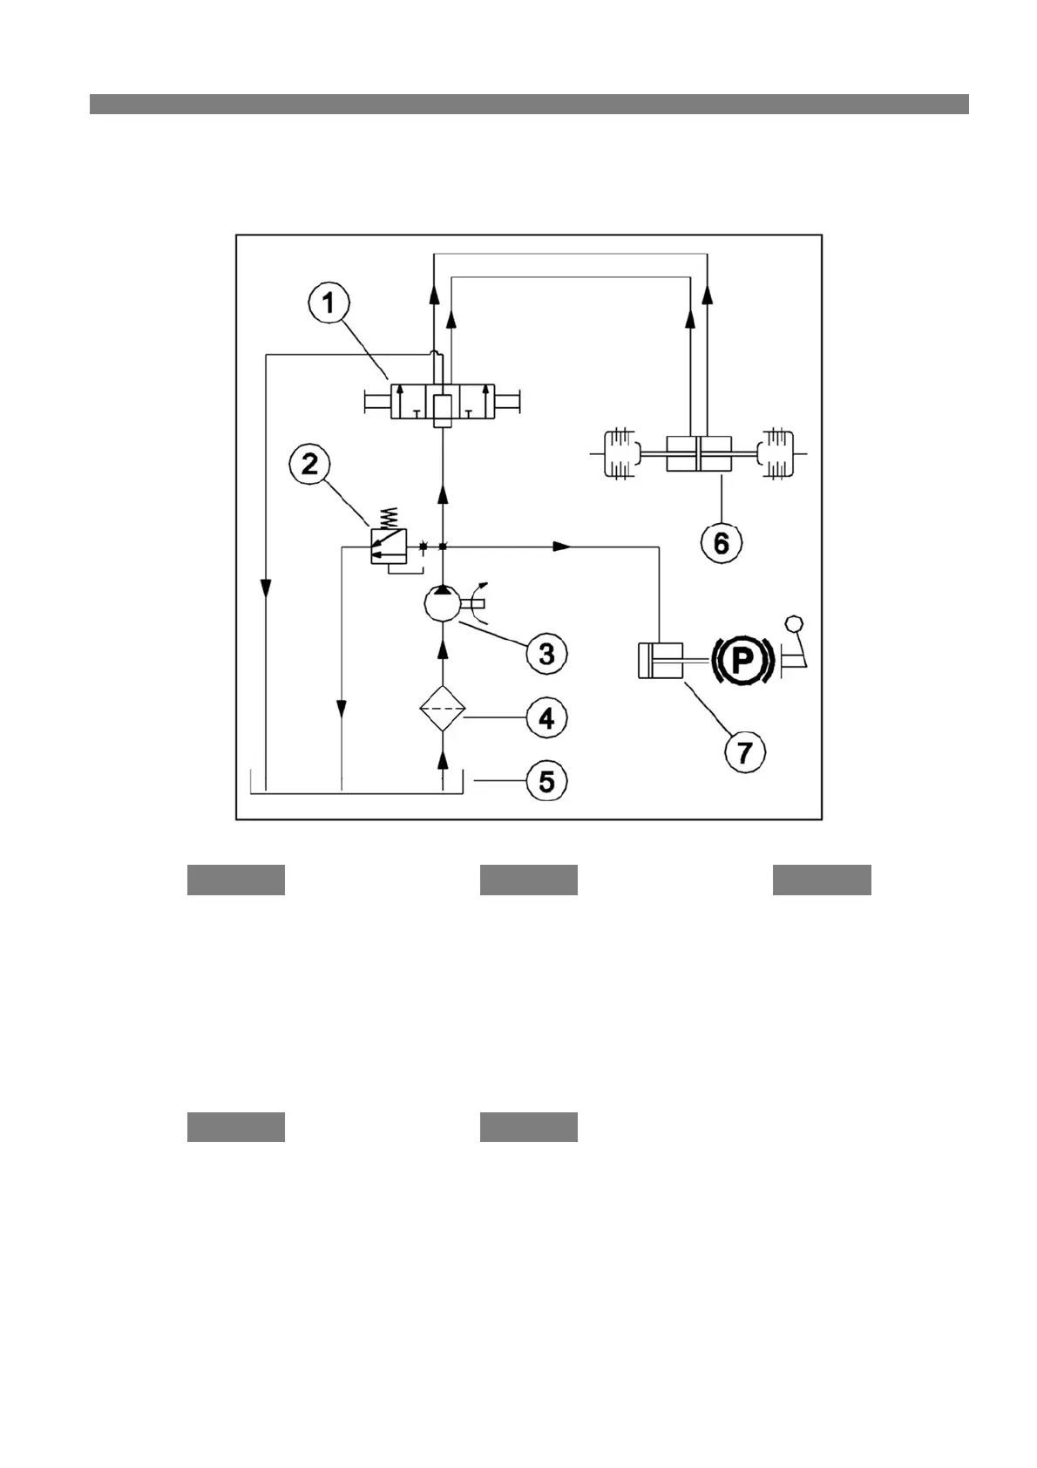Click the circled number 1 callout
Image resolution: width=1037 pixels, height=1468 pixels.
pyautogui.click(x=327, y=304)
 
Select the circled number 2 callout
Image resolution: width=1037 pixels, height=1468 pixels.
pyautogui.click(x=309, y=465)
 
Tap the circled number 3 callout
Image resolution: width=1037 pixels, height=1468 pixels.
pyautogui.click(x=546, y=653)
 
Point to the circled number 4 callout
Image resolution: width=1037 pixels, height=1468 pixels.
pyautogui.click(x=546, y=718)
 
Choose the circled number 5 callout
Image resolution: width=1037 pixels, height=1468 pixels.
pyautogui.click(x=546, y=780)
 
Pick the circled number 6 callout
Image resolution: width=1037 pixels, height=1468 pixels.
pyautogui.click(x=722, y=542)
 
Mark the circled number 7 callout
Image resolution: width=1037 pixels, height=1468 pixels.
pyautogui.click(x=744, y=751)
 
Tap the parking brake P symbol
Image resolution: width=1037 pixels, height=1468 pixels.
pyautogui.click(x=742, y=659)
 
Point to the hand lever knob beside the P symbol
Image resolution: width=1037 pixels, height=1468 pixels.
pyautogui.click(x=794, y=623)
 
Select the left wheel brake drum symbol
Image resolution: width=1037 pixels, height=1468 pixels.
pyautogui.click(x=617, y=453)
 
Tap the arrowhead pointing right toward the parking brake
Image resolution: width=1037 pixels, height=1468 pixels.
pyautogui.click(x=562, y=547)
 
